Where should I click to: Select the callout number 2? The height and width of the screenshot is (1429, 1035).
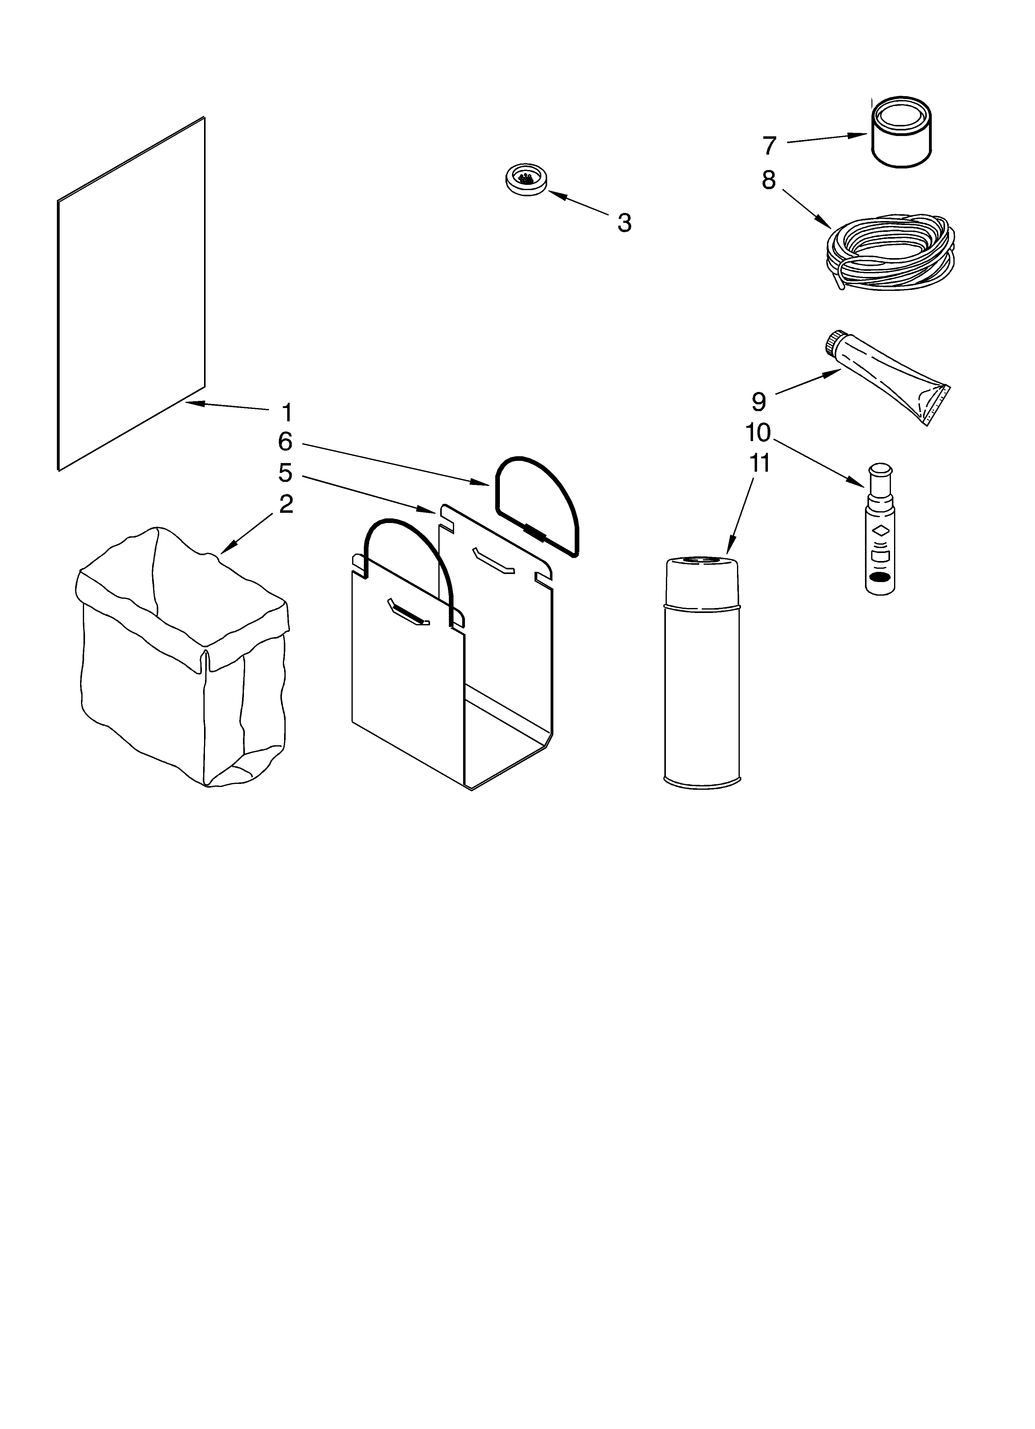coord(286,504)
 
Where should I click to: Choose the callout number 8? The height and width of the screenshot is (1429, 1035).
coord(769,180)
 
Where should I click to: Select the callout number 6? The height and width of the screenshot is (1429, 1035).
coord(285,442)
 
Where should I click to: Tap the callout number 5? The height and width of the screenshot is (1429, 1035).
coord(285,473)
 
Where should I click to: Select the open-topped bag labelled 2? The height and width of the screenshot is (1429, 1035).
coord(183,655)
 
